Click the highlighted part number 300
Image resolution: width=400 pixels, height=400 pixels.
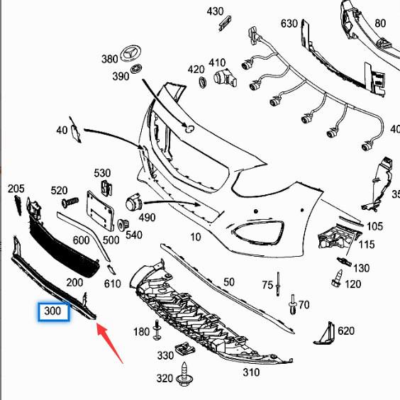53,311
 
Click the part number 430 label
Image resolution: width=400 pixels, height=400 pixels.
215,11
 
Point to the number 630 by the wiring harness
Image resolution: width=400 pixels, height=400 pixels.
289,23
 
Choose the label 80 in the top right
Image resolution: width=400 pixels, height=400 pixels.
380,23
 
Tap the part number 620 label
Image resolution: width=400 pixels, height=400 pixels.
345,331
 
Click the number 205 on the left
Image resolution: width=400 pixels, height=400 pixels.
16,189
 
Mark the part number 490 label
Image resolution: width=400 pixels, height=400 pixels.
146,217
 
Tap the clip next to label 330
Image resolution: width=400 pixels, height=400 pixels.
187,348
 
